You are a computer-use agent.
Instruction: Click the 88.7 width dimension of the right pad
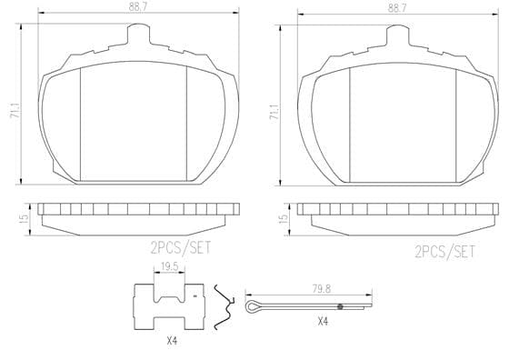[x=396, y=8]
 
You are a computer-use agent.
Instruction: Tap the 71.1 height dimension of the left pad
[x=15, y=111]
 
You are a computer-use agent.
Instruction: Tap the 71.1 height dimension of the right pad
[x=274, y=113]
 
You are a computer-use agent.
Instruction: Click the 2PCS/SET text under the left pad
[x=181, y=248]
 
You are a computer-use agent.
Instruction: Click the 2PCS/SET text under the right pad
[x=444, y=252]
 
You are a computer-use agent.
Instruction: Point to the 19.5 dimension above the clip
[x=169, y=267]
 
